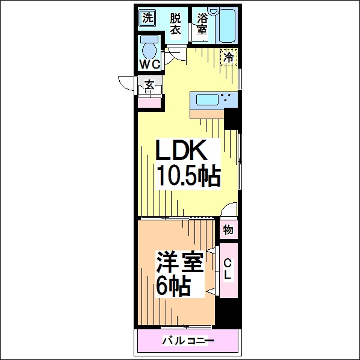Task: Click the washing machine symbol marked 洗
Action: click(x=147, y=18)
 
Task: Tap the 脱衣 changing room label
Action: click(x=175, y=24)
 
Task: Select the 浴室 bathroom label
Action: click(x=202, y=24)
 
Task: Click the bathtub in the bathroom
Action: click(x=228, y=25)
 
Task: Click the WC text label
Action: click(x=150, y=64)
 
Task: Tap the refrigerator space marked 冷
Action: click(x=229, y=57)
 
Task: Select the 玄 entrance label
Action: click(x=149, y=85)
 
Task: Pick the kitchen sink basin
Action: click(x=207, y=100)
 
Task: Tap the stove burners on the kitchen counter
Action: click(x=226, y=97)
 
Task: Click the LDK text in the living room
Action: click(x=181, y=150)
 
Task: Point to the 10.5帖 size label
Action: click(x=188, y=175)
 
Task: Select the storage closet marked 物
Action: click(x=228, y=230)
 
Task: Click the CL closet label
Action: click(x=228, y=269)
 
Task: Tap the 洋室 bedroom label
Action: click(x=180, y=262)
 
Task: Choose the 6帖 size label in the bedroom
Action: click(x=173, y=285)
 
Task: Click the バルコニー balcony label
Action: click(x=188, y=341)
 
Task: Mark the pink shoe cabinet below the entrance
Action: click(x=149, y=102)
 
